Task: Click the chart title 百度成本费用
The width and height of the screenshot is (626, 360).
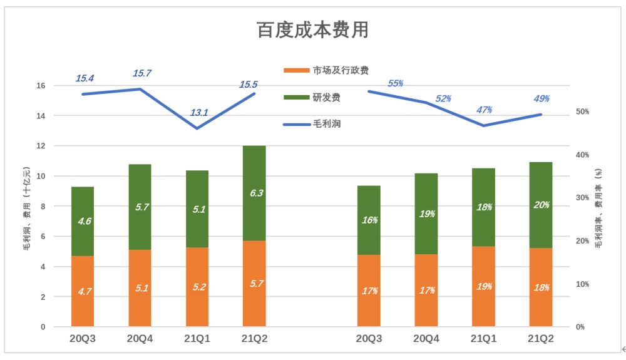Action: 312,29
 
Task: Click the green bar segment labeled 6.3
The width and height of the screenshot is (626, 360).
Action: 254,193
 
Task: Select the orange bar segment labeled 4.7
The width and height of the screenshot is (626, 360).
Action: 83,291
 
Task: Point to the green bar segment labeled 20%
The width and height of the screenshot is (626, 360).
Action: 541,205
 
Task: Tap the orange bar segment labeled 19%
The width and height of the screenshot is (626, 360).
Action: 484,286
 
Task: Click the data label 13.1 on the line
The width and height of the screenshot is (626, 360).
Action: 199,113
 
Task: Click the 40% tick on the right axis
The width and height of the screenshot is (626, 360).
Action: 583,155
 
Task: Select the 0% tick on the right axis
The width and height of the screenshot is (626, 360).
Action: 580,327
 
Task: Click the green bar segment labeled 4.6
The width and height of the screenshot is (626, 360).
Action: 83,221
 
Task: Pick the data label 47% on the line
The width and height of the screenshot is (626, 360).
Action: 484,110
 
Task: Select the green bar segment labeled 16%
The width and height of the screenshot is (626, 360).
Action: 369,220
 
